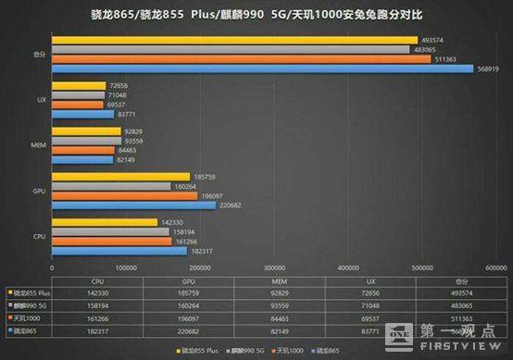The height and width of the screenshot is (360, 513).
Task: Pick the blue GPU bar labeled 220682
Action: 133,205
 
